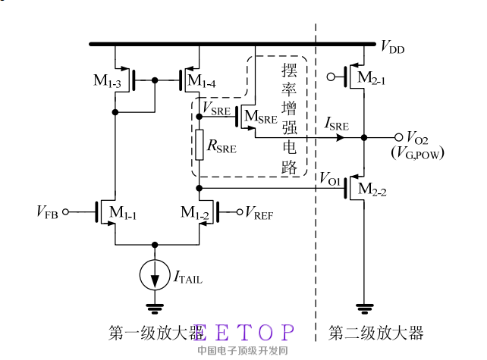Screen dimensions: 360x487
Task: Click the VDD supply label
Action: coord(392,49)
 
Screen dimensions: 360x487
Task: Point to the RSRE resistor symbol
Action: coord(198,145)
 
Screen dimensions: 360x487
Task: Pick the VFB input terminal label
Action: coord(48,212)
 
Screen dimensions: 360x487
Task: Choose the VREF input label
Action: coord(259,212)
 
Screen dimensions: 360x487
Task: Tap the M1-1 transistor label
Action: coord(121,213)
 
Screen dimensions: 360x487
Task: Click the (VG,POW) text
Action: coord(417,154)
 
